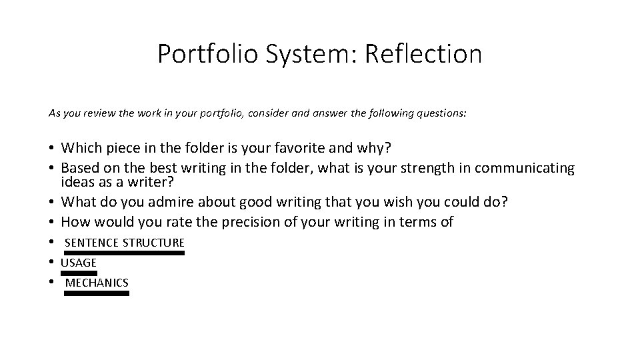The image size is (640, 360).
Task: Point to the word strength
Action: (415, 169)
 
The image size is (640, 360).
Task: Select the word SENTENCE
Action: (92, 242)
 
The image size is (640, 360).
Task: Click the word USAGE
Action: (79, 263)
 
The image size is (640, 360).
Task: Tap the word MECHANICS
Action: (97, 283)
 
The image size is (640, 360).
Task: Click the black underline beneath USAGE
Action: (79, 273)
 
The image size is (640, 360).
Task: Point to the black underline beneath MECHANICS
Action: (97, 293)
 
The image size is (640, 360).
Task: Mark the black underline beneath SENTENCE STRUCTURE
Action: (124, 253)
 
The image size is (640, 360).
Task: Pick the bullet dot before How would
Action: (51, 223)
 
